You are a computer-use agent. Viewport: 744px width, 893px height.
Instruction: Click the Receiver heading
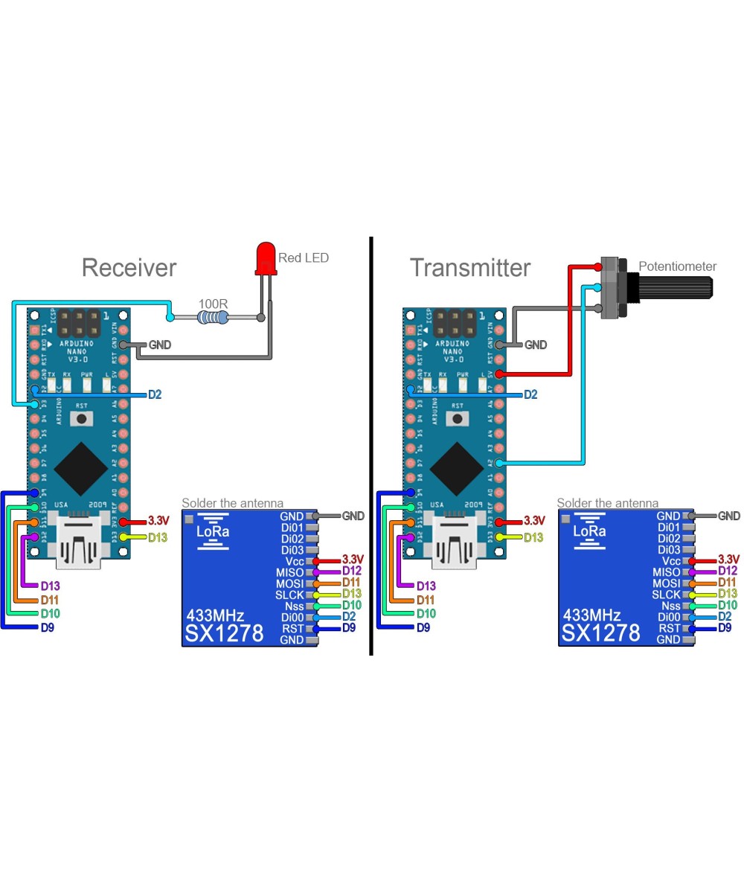tap(129, 268)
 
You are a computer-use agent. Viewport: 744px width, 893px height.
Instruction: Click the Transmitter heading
tap(469, 268)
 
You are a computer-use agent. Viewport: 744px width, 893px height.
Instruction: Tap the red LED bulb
tap(265, 257)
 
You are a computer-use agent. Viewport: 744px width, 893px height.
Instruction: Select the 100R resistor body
tap(213, 318)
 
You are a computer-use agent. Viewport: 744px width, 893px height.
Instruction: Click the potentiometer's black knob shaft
tap(673, 286)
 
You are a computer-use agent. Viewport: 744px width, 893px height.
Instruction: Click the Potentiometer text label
tap(677, 266)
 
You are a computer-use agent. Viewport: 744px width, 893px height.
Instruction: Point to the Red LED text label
tap(303, 258)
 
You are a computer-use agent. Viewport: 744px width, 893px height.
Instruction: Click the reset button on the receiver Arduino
tap(81, 418)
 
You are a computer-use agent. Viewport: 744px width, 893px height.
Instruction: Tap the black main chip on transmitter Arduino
tap(455, 467)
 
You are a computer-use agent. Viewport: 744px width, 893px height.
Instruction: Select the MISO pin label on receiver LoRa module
tap(289, 572)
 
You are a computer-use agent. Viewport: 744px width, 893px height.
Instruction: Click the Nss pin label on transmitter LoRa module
tap(670, 606)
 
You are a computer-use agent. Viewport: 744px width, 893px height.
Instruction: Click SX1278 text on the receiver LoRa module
tap(224, 633)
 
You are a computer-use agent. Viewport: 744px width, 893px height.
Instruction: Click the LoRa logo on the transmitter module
tap(589, 531)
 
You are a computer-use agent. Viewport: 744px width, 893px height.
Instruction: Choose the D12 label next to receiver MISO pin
tap(352, 571)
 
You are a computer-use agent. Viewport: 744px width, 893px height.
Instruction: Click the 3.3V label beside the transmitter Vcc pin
tap(728, 560)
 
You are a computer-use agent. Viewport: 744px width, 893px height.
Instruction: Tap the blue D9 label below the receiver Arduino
tap(47, 628)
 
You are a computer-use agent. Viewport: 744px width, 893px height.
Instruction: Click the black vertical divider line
tap(371, 446)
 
